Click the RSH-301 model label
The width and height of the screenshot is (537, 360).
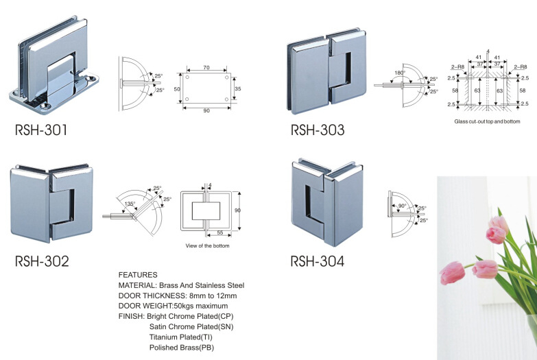(41, 130)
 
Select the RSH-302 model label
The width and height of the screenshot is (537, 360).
(42, 261)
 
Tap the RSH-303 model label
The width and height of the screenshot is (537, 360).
(318, 130)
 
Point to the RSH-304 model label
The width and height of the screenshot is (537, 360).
(317, 261)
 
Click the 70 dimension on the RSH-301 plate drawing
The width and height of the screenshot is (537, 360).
(206, 67)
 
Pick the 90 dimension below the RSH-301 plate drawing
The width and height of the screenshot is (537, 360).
(206, 110)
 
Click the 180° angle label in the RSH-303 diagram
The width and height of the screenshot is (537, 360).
(400, 73)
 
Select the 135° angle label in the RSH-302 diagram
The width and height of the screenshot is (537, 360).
(130, 204)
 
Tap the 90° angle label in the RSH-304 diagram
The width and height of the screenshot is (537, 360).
(402, 206)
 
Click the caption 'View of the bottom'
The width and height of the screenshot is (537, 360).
(208, 245)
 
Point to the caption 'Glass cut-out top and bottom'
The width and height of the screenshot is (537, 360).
(487, 121)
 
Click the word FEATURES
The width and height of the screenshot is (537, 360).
(138, 275)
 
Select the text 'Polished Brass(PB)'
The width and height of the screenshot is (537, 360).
(182, 348)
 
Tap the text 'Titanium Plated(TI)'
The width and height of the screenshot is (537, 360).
(181, 337)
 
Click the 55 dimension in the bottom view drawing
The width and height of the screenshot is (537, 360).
(220, 232)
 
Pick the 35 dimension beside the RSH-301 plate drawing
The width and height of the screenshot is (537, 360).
(238, 88)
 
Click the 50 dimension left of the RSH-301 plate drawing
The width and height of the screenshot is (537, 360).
(177, 89)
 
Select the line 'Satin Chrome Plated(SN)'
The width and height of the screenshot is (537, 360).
(191, 327)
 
